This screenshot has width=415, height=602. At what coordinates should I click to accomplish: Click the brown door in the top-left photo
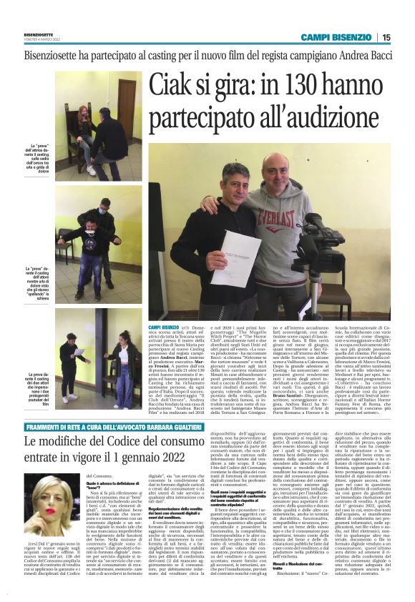pyautogui.click(x=125, y=106)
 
